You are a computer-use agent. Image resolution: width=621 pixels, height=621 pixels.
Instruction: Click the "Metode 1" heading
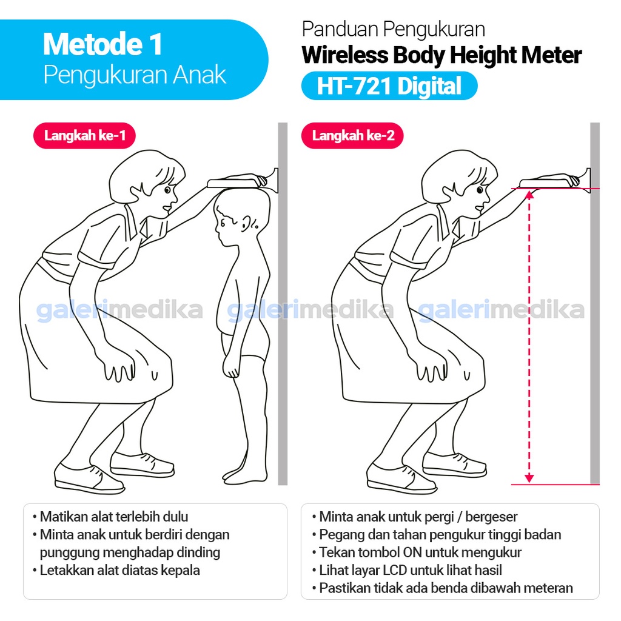click(102, 44)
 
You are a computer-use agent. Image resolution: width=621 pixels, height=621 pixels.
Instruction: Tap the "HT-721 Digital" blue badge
click(389, 86)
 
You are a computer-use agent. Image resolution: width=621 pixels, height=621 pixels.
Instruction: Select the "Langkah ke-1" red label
click(84, 135)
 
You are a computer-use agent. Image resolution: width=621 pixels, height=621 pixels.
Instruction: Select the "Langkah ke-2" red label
click(352, 135)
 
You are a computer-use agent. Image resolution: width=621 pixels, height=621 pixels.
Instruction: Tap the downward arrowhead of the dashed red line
click(529, 478)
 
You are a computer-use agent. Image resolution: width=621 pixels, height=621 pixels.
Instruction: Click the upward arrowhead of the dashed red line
click(529, 194)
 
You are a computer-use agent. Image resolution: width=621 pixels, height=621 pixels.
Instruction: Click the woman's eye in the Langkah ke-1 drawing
click(167, 190)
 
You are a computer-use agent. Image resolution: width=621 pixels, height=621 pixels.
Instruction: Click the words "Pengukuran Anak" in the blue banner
click(135, 75)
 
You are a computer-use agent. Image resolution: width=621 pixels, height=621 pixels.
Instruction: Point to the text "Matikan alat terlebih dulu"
click(114, 517)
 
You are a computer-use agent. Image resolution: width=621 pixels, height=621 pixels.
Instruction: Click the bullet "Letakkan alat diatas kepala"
click(119, 570)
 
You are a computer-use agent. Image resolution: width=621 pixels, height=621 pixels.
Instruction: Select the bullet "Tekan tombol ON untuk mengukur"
click(420, 552)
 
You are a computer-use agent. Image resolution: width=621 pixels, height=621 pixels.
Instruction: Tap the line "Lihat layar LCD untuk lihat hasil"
click(411, 570)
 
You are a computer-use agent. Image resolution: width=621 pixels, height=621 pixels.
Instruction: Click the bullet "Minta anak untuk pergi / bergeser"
click(418, 517)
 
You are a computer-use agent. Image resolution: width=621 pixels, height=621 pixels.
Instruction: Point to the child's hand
click(230, 367)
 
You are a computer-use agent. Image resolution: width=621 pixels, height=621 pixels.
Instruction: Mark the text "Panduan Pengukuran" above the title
click(393, 29)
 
